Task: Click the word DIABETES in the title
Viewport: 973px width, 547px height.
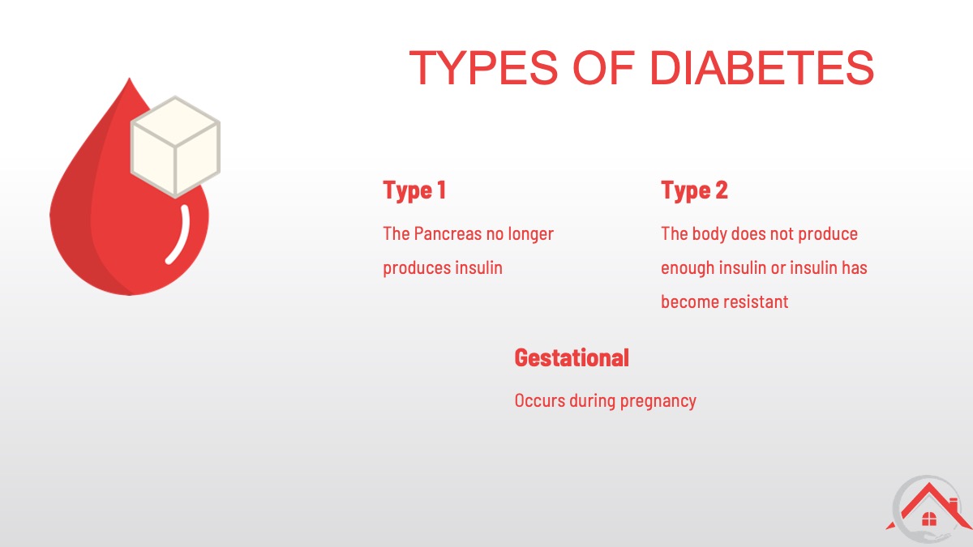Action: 761,68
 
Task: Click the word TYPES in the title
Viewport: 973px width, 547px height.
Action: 483,68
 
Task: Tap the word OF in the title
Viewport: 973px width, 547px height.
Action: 604,68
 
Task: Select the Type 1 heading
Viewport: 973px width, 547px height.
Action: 414,190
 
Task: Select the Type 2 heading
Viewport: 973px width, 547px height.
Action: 694,190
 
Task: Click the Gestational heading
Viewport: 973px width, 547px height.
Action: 572,357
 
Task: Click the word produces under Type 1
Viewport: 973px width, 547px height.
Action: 417,268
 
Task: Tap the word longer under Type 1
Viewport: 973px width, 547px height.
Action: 531,234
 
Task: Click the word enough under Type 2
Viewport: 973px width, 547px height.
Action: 688,268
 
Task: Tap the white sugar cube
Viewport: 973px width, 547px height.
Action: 175,147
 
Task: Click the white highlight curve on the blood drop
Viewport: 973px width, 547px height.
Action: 179,234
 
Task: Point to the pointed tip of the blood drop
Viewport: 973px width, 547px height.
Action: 129,79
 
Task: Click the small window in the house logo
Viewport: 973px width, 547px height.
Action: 928,519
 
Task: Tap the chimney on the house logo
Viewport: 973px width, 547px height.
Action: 954,506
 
